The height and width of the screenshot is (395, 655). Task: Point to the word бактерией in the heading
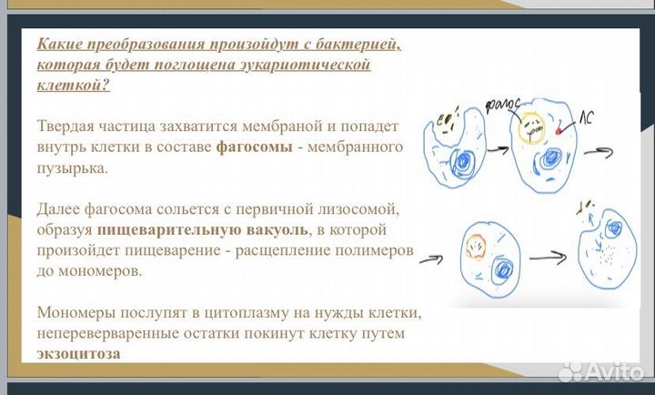(x=344, y=44)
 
